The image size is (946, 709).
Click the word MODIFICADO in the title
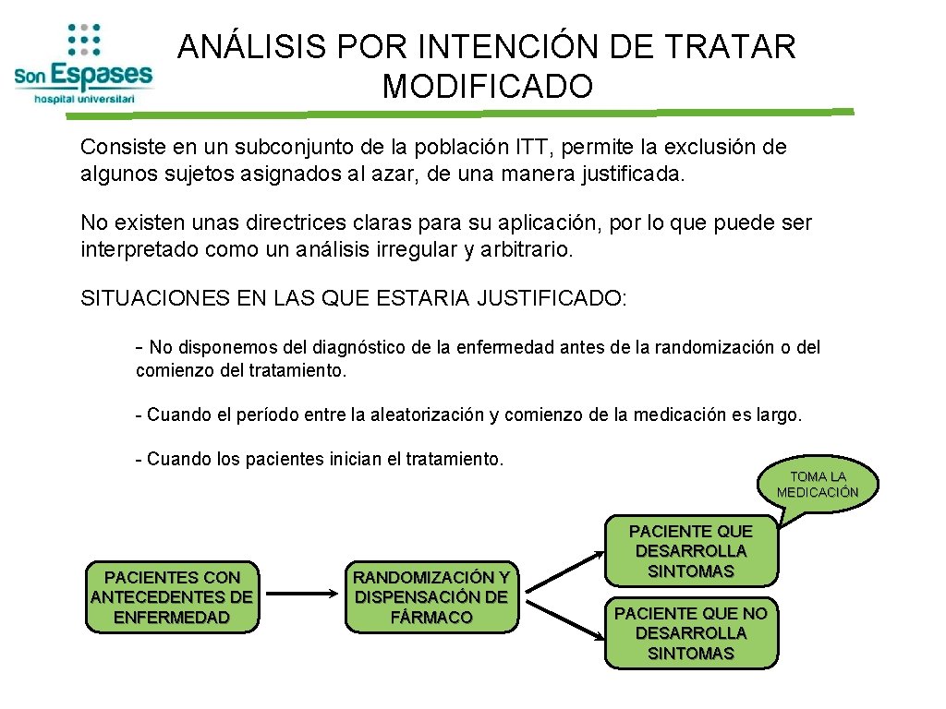(x=487, y=87)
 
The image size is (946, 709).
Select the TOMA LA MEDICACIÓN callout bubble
(x=818, y=484)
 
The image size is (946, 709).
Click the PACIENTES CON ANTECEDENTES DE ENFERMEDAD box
(x=172, y=597)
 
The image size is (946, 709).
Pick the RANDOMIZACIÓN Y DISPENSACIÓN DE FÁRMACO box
(x=431, y=597)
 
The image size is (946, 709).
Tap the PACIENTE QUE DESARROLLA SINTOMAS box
(x=690, y=551)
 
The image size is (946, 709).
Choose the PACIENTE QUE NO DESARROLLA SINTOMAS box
(x=690, y=633)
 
